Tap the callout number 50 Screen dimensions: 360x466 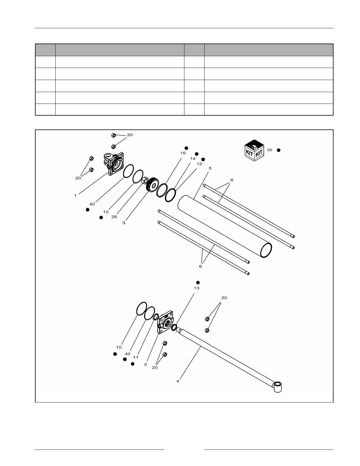[270, 150]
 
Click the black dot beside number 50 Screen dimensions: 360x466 [279, 150]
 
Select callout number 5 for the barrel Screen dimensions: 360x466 [210, 168]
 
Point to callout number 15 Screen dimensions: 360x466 [183, 153]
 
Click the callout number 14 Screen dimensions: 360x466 [193, 159]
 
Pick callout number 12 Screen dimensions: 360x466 [199, 164]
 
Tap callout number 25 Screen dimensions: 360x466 [114, 217]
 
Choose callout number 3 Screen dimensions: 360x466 [124, 223]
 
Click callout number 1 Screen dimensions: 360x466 [76, 195]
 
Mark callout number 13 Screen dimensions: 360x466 [196, 288]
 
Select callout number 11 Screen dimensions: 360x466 [136, 357]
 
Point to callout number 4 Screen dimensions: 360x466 [178, 381]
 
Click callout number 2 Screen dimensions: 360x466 [146, 364]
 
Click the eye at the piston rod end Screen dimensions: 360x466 [278, 386]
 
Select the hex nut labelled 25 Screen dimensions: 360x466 [144, 180]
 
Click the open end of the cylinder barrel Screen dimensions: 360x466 [266, 250]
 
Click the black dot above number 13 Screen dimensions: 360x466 [198, 282]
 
